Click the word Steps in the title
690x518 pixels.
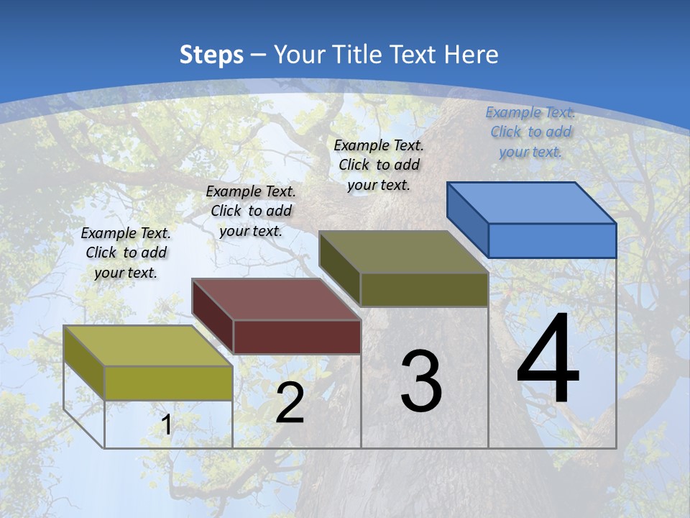tap(211, 55)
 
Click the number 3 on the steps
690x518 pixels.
tap(421, 381)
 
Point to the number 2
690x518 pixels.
tap(290, 403)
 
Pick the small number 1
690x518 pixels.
tap(166, 425)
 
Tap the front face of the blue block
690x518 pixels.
tap(552, 240)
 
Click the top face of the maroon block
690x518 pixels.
tap(277, 299)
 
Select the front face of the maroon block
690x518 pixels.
tap(297, 337)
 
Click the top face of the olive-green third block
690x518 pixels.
tap(404, 252)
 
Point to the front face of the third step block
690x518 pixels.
tap(424, 289)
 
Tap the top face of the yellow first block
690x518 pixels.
tap(148, 345)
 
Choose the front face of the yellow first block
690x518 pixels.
tap(168, 383)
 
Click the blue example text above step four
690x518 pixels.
tap(530, 132)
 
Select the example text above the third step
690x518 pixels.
tap(379, 165)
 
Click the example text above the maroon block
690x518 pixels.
tap(251, 211)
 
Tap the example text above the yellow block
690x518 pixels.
tap(126, 253)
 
